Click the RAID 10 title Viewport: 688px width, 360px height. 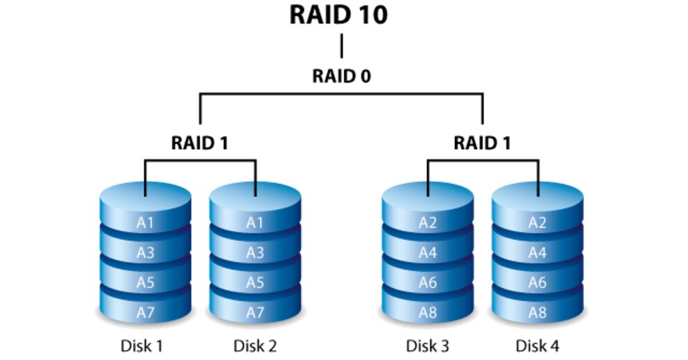tap(338, 16)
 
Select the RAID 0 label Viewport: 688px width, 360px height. tap(341, 76)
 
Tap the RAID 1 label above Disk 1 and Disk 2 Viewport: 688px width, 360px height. tap(200, 143)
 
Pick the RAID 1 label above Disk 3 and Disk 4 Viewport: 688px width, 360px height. tap(483, 143)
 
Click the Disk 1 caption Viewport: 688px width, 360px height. tap(145, 345)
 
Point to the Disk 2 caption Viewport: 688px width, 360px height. tap(256, 345)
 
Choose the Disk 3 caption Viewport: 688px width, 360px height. tap(428, 345)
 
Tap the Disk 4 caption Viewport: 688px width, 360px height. tap(537, 345)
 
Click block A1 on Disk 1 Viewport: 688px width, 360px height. tap(145, 223)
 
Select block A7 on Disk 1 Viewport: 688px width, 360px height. tap(145, 312)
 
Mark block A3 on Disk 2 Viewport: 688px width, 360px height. tap(255, 252)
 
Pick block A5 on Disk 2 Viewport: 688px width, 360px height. tap(255, 282)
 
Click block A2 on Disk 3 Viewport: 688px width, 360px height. tap(428, 223)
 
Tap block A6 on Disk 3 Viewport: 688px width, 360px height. tap(428, 282)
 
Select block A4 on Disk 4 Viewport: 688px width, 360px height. tap(537, 252)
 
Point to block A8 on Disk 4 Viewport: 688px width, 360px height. tap(537, 312)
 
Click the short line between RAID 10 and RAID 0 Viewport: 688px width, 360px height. tap(341, 46)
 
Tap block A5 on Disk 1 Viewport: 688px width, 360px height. tap(145, 282)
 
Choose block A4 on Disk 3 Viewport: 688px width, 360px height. tap(428, 252)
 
